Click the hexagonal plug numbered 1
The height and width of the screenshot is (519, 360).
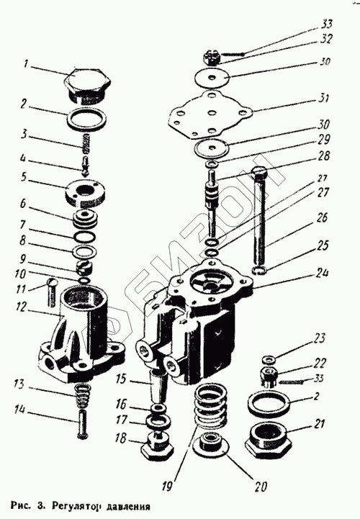point(87,86)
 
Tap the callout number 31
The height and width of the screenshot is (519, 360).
point(323,99)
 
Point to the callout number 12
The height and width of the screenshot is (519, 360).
point(21,307)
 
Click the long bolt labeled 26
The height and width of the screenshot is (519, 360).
point(261,217)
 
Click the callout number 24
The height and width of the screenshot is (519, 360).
point(321,274)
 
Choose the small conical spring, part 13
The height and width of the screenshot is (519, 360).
point(81,395)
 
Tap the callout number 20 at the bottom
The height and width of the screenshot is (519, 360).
point(260,487)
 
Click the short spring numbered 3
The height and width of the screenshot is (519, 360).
point(87,144)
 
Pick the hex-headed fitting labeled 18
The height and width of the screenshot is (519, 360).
point(157,444)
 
